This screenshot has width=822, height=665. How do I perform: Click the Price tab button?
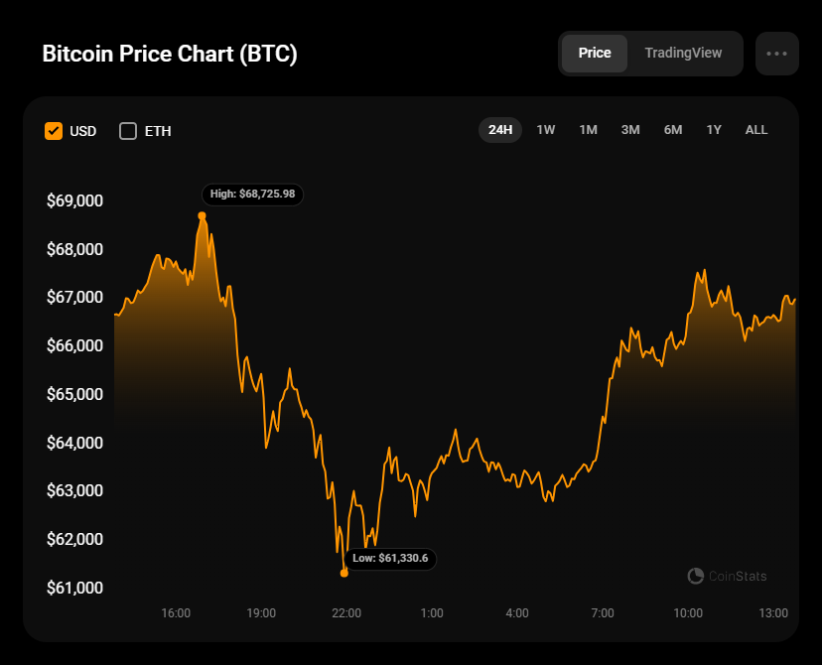595,54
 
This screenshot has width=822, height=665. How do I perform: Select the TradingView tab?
683,54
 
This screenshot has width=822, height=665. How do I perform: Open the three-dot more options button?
776,54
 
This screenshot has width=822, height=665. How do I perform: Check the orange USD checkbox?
54,131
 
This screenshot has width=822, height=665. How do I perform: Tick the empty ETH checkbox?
128,131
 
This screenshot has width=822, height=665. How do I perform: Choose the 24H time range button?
500,130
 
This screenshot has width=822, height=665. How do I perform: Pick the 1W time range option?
546,130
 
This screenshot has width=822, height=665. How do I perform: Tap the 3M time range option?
630,130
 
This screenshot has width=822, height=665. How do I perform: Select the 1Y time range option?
714,130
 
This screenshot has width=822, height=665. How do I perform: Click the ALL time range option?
756,130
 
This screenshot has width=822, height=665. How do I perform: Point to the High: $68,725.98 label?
253,195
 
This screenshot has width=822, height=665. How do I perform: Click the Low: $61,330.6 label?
390,559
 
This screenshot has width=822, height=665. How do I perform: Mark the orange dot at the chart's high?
202,215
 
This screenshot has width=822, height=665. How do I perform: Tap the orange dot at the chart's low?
344,573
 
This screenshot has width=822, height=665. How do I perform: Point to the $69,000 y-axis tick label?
74,200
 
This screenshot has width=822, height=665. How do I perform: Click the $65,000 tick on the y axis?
74,394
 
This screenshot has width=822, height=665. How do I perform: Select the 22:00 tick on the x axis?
346,613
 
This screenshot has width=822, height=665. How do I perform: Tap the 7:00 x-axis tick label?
603,613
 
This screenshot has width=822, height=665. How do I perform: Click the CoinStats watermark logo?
727,576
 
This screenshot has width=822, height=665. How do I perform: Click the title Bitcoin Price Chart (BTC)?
170,54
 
